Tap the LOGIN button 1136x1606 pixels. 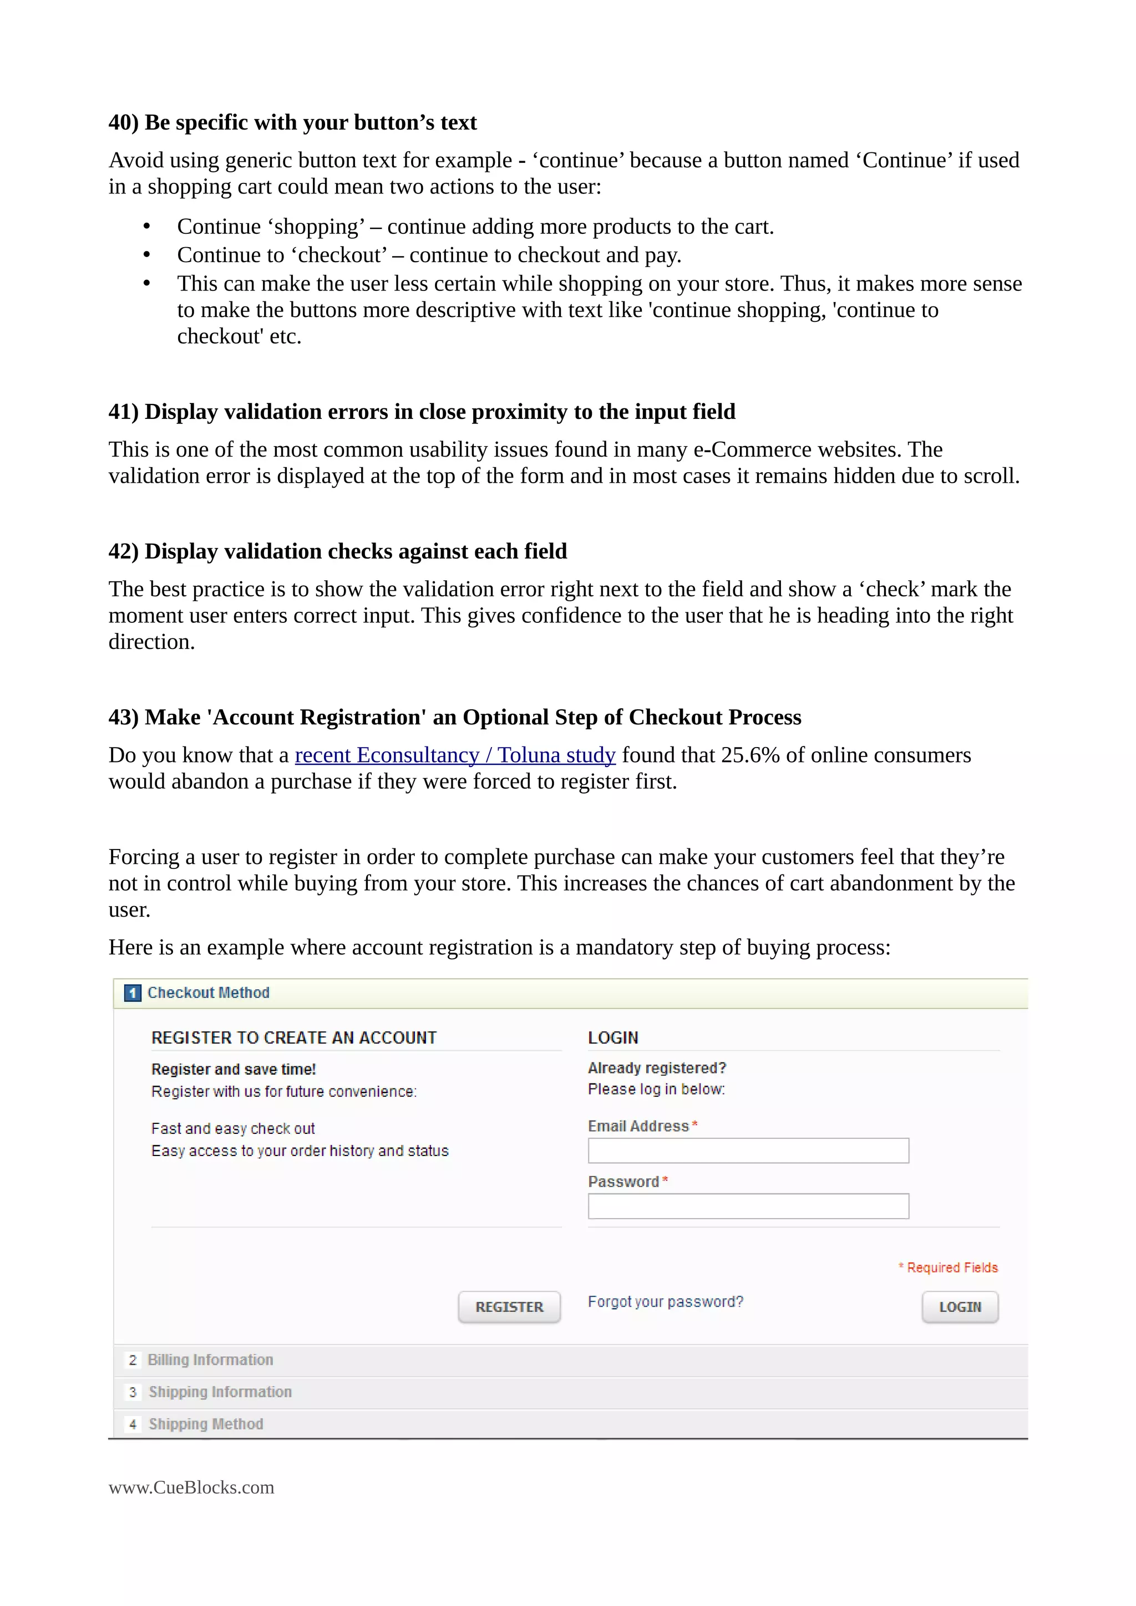(x=960, y=1307)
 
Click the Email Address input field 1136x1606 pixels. (x=748, y=1150)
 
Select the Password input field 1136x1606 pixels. (x=748, y=1206)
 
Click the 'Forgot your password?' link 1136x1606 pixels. (x=665, y=1302)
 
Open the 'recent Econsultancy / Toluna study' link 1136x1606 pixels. (x=455, y=755)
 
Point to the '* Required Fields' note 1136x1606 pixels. (x=949, y=1267)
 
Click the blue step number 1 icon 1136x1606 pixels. (x=132, y=993)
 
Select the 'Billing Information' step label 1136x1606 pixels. (x=210, y=1360)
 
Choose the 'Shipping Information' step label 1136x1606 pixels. (x=220, y=1392)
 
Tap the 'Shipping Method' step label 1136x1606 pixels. (x=206, y=1424)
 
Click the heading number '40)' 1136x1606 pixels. (x=123, y=122)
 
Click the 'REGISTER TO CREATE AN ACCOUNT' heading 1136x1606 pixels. (x=294, y=1038)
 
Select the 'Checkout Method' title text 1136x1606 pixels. (x=208, y=993)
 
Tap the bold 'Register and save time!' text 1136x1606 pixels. (x=233, y=1070)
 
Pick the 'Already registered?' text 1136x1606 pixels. (x=657, y=1068)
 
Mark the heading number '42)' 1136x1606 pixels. (x=123, y=551)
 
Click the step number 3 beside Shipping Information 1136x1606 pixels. (x=132, y=1392)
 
